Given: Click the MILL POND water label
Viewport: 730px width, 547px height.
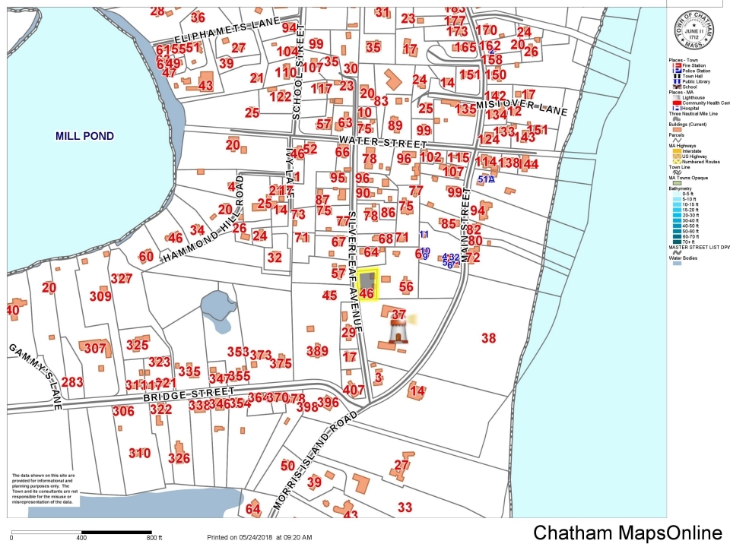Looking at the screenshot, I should pyautogui.click(x=84, y=137).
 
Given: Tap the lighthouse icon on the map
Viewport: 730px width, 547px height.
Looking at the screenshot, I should pyautogui.click(x=398, y=331).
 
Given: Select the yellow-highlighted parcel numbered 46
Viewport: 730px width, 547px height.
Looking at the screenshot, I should pyautogui.click(x=368, y=285).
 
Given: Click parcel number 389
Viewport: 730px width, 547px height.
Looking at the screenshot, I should pyautogui.click(x=317, y=351).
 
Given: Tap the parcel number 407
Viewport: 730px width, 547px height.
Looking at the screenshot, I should pyautogui.click(x=354, y=390).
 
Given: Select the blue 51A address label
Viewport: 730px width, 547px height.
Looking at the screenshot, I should pyautogui.click(x=486, y=179).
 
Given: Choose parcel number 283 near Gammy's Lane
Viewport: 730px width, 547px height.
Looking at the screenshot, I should pyautogui.click(x=72, y=382).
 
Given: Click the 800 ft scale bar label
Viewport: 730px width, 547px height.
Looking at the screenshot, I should pyautogui.click(x=155, y=538).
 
